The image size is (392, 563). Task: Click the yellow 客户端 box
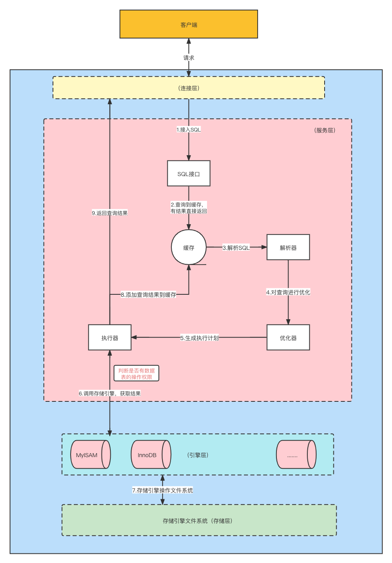[189, 24]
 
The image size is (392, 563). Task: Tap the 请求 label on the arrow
[189, 58]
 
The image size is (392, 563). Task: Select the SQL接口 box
[189, 174]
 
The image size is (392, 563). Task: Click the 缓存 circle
[189, 247]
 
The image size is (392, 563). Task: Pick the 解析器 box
[288, 247]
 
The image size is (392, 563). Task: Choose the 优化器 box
[288, 338]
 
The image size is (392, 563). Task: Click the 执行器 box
[110, 338]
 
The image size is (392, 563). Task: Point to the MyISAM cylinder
[90, 455]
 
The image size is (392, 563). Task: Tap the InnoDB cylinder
[151, 455]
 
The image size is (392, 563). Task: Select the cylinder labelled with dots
[296, 455]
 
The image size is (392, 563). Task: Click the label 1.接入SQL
[189, 130]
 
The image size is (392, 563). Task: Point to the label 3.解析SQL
[236, 248]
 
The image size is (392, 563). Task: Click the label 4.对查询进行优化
[288, 292]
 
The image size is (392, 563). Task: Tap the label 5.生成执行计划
[199, 338]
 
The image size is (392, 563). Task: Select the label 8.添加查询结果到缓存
[148, 295]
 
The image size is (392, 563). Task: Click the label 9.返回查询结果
[110, 213]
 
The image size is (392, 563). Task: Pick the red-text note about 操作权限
[136, 373]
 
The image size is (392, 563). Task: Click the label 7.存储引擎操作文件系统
[162, 490]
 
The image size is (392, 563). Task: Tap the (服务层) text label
[325, 130]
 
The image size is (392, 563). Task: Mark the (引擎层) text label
[197, 455]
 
